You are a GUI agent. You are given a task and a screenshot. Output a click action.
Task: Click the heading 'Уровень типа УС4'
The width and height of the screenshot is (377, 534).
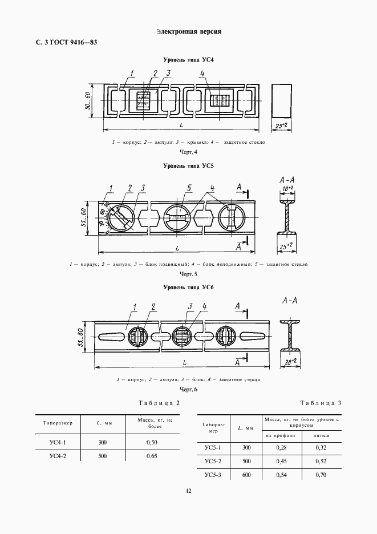(x=188, y=59)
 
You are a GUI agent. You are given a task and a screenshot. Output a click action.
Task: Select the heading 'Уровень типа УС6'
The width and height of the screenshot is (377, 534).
(x=188, y=287)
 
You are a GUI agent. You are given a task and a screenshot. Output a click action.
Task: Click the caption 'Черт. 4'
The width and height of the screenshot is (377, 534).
(x=188, y=152)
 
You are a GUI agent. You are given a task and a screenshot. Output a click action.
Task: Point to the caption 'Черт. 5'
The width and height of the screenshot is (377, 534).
(x=188, y=274)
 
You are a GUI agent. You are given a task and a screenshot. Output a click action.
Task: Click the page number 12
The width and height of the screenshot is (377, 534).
(x=188, y=492)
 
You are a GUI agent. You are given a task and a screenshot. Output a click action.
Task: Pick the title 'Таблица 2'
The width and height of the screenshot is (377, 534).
(x=159, y=403)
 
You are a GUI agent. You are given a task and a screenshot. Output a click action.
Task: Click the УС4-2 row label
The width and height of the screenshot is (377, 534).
(x=58, y=456)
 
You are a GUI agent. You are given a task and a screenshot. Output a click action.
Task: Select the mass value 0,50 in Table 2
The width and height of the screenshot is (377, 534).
(x=151, y=442)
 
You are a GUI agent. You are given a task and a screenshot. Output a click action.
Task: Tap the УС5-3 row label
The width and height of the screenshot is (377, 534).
(x=212, y=475)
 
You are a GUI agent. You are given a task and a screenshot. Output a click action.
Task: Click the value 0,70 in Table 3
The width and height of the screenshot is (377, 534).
(x=321, y=475)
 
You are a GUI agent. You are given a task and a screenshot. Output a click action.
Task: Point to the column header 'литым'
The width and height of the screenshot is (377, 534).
(x=321, y=435)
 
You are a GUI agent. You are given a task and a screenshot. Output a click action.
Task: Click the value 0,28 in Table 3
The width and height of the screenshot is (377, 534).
(x=281, y=448)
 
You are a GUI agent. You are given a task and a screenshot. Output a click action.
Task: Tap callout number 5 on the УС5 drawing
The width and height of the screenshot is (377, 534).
(x=188, y=188)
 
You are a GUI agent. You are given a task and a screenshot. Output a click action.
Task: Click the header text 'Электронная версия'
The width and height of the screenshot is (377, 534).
(x=188, y=31)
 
